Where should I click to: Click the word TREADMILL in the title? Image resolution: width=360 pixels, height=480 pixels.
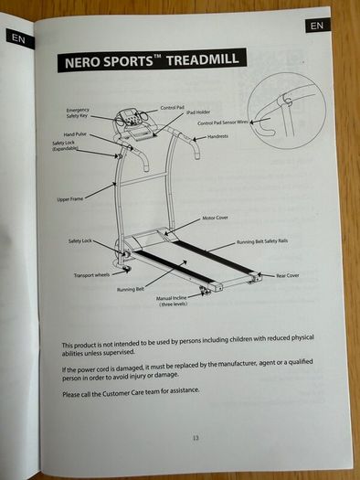(x=203, y=59)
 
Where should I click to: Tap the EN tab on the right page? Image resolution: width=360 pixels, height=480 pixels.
(x=317, y=26)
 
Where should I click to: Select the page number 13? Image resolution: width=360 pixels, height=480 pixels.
(x=196, y=438)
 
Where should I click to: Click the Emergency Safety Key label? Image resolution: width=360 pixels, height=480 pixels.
(x=78, y=112)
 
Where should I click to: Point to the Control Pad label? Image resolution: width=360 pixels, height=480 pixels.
(x=173, y=108)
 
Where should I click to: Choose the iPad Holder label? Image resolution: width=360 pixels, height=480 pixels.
(x=198, y=112)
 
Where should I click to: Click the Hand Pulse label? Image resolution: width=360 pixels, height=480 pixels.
(x=75, y=134)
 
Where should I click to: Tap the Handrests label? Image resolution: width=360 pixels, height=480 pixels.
(x=217, y=136)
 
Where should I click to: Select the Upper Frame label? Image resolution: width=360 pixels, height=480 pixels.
(x=70, y=199)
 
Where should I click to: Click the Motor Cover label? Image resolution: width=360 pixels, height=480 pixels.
(x=215, y=218)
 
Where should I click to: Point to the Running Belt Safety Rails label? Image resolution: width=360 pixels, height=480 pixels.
(x=262, y=241)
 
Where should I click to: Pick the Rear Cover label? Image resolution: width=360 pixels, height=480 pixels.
(x=288, y=275)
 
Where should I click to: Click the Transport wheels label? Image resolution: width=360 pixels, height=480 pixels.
(x=91, y=275)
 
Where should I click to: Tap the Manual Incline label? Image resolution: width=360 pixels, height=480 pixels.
(x=172, y=301)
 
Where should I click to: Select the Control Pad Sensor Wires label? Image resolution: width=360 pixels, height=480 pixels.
(x=223, y=123)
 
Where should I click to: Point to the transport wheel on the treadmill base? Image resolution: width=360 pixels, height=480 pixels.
(x=126, y=270)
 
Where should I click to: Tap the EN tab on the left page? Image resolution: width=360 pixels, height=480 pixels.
(x=19, y=38)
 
